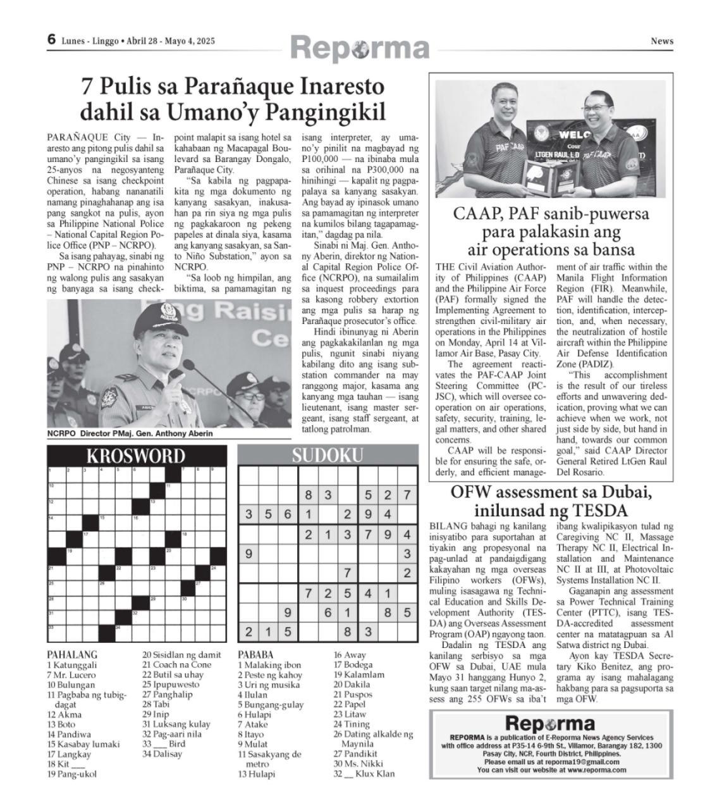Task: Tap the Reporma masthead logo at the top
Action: pyautogui.click(x=360, y=48)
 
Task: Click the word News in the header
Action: pyautogui.click(x=662, y=41)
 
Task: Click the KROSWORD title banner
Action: pyautogui.click(x=136, y=456)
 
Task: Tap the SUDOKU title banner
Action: pyautogui.click(x=327, y=455)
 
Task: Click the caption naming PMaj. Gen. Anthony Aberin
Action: pyautogui.click(x=130, y=434)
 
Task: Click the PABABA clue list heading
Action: pyautogui.click(x=255, y=654)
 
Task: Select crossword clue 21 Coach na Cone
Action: pyautogui.click(x=176, y=664)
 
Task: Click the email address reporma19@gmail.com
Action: pyautogui.click(x=585, y=763)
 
